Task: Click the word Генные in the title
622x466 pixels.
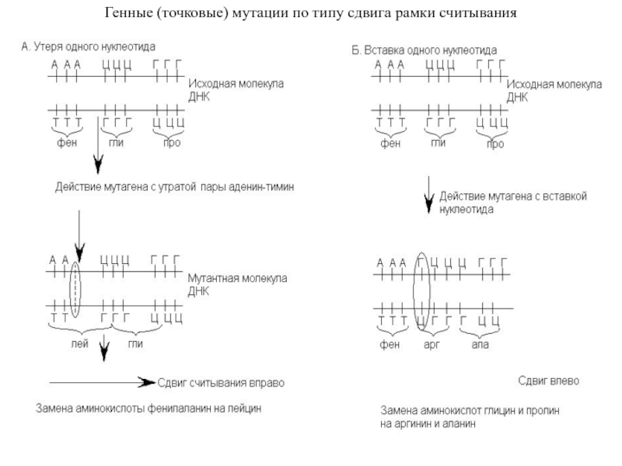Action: tap(129, 15)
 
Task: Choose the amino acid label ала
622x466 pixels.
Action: tap(480, 343)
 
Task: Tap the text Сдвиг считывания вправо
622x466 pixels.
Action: tap(222, 383)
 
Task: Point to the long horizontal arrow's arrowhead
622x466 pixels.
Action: tap(147, 383)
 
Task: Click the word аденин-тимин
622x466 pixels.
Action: tap(260, 187)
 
